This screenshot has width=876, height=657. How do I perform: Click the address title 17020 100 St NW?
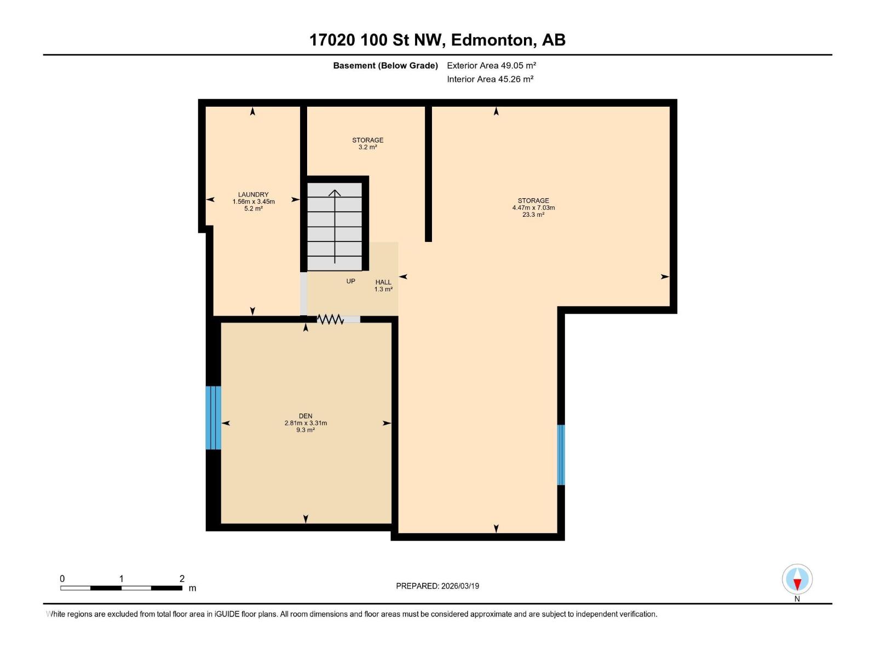(437, 40)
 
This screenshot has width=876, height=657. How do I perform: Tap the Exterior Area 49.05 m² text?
(491, 65)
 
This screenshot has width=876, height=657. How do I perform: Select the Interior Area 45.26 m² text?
(490, 79)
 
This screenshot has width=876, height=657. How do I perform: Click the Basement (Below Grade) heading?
(385, 66)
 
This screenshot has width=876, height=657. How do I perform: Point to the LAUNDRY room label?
(253, 194)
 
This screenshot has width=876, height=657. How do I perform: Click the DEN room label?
(306, 416)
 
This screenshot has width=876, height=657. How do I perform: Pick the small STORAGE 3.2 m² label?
(367, 143)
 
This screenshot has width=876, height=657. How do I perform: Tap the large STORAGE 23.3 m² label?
(533, 208)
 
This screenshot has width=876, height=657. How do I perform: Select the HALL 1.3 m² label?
(383, 286)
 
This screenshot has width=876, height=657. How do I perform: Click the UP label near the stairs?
(350, 281)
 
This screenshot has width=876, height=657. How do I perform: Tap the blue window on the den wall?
(214, 418)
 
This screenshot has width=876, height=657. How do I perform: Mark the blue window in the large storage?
(561, 454)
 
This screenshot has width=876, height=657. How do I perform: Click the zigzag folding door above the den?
(330, 319)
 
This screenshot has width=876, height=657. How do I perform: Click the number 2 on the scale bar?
(182, 579)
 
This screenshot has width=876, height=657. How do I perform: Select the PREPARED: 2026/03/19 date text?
(437, 586)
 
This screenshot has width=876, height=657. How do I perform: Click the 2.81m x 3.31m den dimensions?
(306, 423)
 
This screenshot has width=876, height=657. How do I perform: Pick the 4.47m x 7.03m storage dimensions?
(533, 208)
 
